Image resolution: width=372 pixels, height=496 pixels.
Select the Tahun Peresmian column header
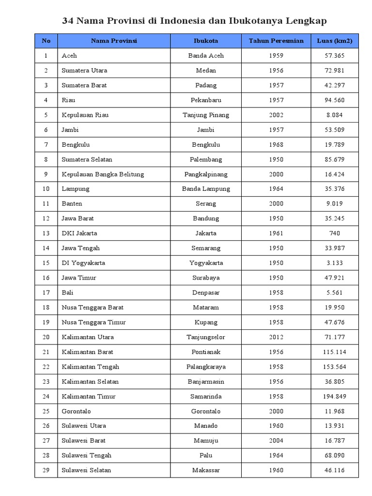tap(276, 41)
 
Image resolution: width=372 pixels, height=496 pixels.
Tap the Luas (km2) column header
tap(334, 41)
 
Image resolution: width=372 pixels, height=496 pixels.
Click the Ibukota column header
tap(206, 41)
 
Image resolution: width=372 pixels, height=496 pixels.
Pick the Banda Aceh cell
tap(206, 56)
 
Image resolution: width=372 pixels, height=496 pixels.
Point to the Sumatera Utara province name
tap(84, 70)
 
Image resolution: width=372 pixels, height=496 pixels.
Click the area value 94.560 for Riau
tap(334, 100)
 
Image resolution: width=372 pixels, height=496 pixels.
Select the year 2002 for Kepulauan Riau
tap(276, 115)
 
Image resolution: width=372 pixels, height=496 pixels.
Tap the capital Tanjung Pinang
tap(206, 115)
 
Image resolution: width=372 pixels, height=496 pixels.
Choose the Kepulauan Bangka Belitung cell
tap(103, 174)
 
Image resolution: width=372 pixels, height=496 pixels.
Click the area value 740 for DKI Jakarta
tap(334, 233)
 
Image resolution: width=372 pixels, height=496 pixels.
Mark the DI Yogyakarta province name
tap(83, 263)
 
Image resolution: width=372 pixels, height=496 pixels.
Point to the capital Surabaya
tap(206, 278)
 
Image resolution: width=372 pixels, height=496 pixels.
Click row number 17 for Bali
tap(46, 293)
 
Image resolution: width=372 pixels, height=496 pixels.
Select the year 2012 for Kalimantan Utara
tap(276, 337)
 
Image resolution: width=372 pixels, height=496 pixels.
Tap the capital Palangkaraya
tap(206, 367)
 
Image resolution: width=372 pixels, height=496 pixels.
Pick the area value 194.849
tap(334, 396)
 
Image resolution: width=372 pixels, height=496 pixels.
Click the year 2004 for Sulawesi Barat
tap(276, 440)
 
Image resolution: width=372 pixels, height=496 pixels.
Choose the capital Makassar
tap(206, 470)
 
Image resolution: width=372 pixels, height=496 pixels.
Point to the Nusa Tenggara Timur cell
tap(93, 322)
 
